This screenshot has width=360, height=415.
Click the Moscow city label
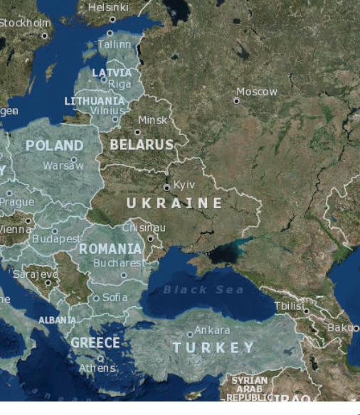(x=257, y=92)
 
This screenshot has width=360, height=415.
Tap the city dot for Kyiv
(x=167, y=188)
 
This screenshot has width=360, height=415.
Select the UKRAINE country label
(x=174, y=203)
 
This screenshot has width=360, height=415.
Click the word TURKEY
(x=213, y=347)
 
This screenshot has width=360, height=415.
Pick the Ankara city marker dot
(x=190, y=334)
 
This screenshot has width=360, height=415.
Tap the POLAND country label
(x=54, y=146)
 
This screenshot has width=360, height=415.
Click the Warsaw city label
(x=63, y=166)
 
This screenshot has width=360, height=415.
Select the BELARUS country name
(x=142, y=144)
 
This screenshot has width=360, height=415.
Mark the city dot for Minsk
(x=137, y=132)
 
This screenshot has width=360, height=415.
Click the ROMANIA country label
(x=110, y=249)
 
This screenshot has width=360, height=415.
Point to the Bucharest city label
(x=119, y=262)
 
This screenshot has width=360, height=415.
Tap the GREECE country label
(x=95, y=343)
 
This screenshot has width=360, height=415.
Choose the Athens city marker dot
(x=101, y=359)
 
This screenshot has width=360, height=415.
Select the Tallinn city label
(x=115, y=44)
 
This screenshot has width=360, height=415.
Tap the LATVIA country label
(x=112, y=72)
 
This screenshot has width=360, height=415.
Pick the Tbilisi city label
(x=289, y=305)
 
